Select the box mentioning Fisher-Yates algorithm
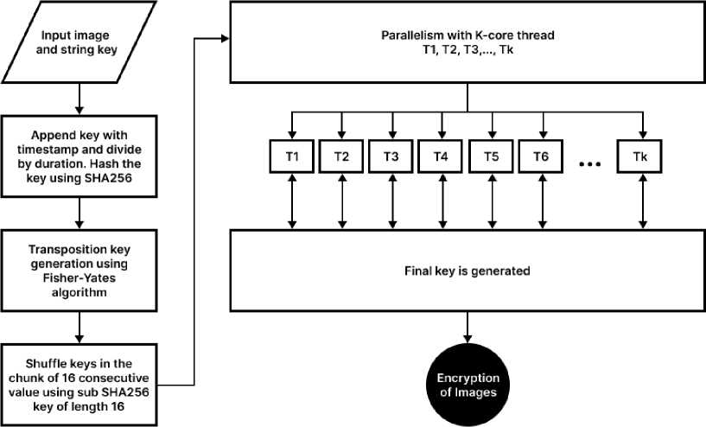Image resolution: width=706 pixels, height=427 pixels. (x=80, y=269)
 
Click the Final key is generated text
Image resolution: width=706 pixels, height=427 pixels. (x=467, y=271)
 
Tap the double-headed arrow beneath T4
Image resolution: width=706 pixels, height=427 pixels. (x=441, y=201)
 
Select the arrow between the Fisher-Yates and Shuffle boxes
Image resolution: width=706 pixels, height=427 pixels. (x=80, y=325)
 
